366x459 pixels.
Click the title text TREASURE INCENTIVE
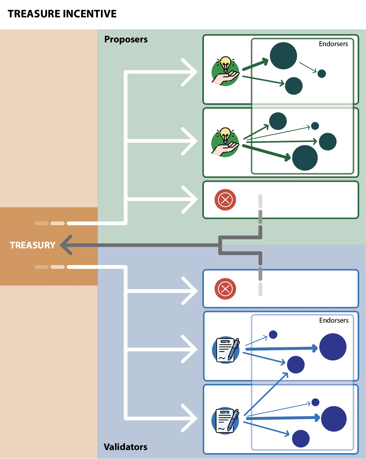tap(62, 14)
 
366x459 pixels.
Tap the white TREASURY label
tap(32, 245)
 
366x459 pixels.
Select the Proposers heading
tap(126, 39)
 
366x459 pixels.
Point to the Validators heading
tap(125, 447)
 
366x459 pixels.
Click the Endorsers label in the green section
tap(333, 44)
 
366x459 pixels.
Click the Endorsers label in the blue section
tap(334, 320)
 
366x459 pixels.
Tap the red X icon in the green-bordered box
tap(225, 200)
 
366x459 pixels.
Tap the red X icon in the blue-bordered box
tap(225, 289)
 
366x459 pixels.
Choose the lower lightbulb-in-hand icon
tap(225, 142)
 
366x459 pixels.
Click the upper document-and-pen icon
tap(226, 350)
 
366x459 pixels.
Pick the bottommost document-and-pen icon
tap(225, 420)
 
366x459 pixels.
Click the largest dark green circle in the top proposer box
tap(283, 56)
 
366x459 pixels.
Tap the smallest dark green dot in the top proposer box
tap(322, 74)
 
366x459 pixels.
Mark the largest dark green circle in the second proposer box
tap(305, 158)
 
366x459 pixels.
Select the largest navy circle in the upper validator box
tap(333, 347)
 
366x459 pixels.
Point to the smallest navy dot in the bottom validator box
tap(315, 402)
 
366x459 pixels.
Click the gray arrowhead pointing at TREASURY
tap(66, 245)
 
